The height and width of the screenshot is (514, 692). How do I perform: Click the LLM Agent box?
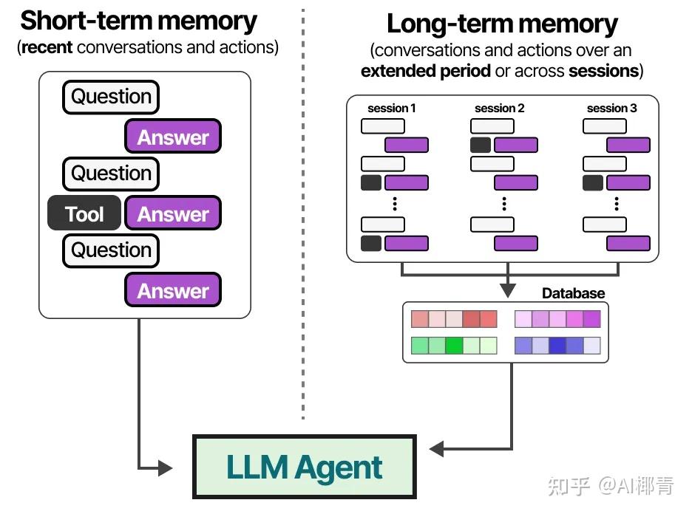[304, 467]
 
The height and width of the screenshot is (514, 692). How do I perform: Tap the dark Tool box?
[84, 214]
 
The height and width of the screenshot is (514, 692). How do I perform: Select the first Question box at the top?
[111, 97]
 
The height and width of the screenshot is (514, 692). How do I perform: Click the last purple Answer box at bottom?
[173, 291]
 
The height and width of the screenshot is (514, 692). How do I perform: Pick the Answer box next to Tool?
[173, 214]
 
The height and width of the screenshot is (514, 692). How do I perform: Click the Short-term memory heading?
[138, 20]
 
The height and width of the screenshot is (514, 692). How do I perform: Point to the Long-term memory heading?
[502, 24]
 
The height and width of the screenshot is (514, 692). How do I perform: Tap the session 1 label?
[391, 109]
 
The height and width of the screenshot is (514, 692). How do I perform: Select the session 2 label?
[500, 109]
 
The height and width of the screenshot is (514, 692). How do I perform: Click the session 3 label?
[611, 109]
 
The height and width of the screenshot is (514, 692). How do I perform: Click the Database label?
[573, 293]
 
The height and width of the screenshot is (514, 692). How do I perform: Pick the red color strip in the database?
[454, 319]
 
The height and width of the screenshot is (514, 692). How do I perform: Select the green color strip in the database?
[454, 345]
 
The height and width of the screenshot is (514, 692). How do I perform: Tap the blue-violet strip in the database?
[557, 345]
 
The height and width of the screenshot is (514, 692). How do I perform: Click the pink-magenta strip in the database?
[557, 319]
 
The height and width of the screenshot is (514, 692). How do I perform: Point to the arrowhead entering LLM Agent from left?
[166, 467]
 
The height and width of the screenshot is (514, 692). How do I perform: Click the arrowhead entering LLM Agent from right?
[437, 448]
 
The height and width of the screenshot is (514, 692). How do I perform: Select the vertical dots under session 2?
[503, 203]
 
